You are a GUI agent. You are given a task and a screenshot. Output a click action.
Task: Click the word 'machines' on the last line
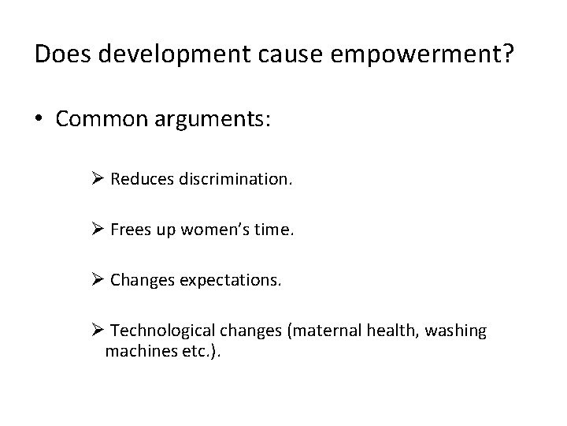click(134, 351)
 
